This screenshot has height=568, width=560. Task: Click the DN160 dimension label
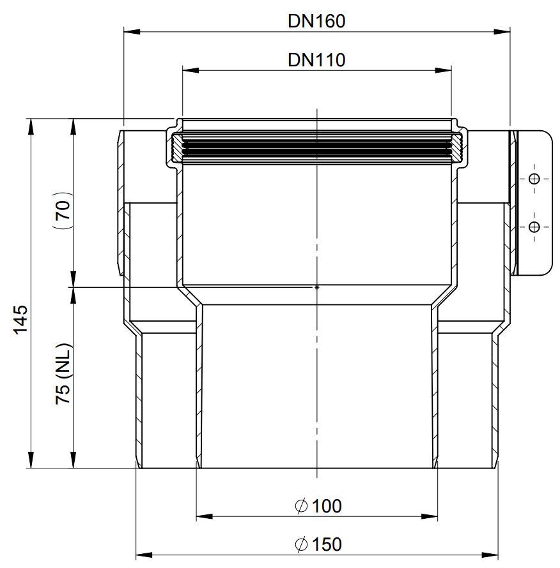click(316, 21)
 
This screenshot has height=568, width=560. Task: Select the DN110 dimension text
click(316, 60)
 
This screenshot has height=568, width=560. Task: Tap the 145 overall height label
click(20, 320)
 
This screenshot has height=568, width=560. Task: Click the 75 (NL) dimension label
click(63, 373)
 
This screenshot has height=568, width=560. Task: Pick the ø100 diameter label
click(318, 506)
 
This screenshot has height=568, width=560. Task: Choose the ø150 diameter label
click(318, 544)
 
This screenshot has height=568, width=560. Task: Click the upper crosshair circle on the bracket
click(534, 179)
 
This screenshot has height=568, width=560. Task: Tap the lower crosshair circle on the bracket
click(534, 227)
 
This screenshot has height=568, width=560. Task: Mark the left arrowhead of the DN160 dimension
click(132, 32)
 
